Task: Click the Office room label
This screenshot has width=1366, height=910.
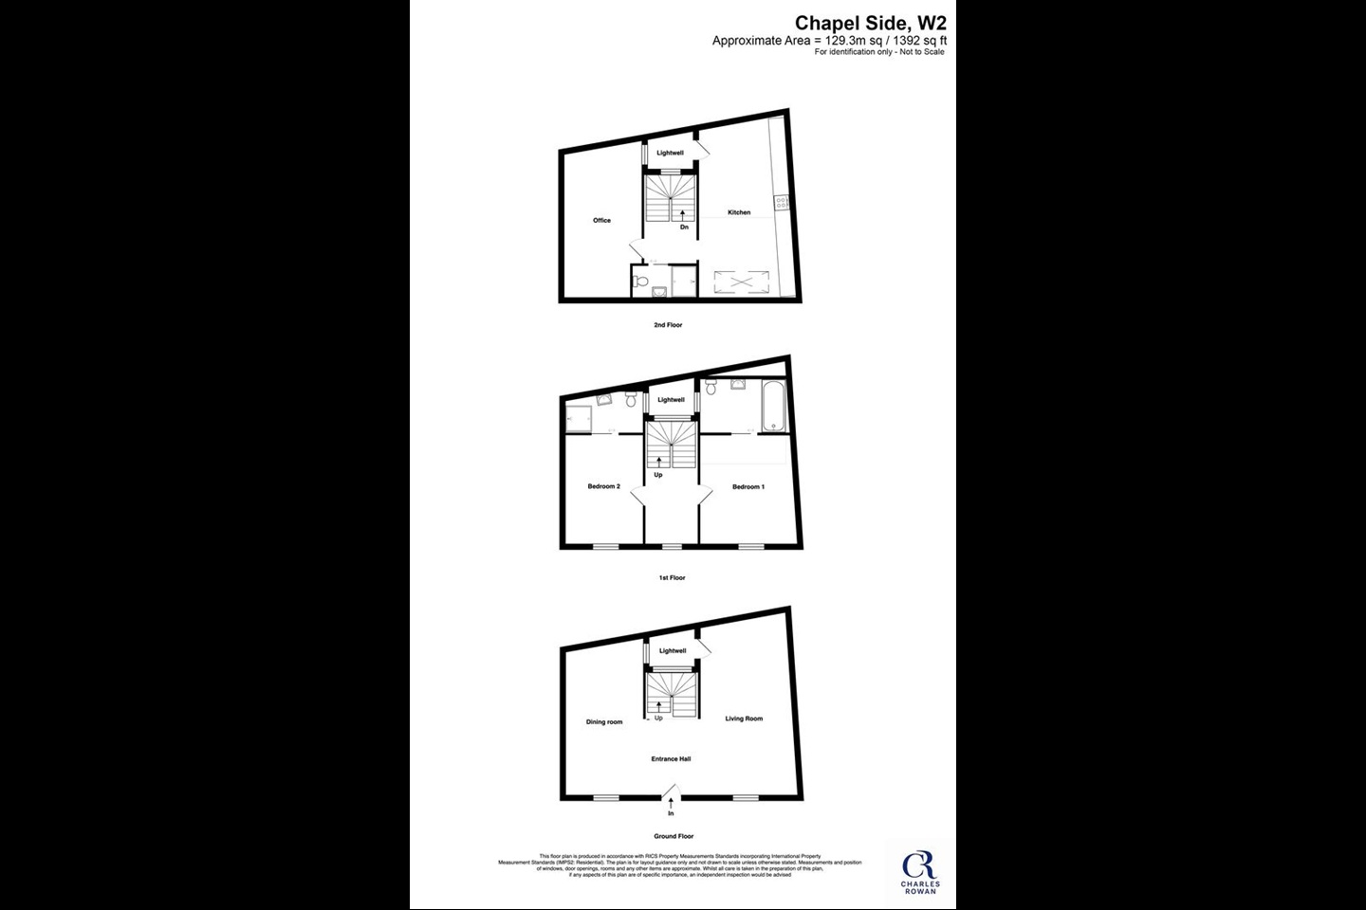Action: [x=601, y=220]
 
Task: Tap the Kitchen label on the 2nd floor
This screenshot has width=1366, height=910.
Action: [x=739, y=212]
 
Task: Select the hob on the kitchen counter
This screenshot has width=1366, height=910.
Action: [x=781, y=201]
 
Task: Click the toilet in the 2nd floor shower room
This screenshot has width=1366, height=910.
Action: [x=641, y=281]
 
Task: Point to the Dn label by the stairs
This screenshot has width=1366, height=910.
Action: [x=684, y=227]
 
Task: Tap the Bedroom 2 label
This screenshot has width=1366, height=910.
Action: [x=603, y=486]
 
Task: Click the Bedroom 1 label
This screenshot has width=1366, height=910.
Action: [x=748, y=486]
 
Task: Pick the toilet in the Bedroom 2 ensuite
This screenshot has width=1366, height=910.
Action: [x=631, y=401]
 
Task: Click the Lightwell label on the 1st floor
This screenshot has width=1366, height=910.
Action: [x=671, y=400]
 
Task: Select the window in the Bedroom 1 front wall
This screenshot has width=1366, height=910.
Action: [x=751, y=546]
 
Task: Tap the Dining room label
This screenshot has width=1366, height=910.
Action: [x=604, y=722]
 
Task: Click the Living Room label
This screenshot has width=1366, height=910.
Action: [x=744, y=719]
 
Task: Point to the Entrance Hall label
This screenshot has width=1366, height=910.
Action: [x=671, y=758]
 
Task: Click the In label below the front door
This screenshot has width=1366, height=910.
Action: [x=671, y=813]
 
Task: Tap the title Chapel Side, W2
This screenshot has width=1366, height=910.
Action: [x=870, y=23]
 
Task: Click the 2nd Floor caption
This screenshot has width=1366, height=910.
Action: [x=668, y=325]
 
